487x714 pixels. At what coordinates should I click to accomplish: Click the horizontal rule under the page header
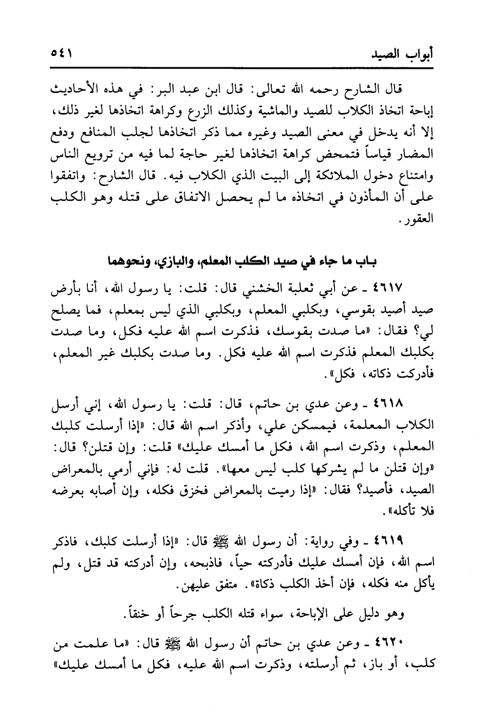click(243, 67)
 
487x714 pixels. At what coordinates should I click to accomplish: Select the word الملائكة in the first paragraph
click(342, 181)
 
